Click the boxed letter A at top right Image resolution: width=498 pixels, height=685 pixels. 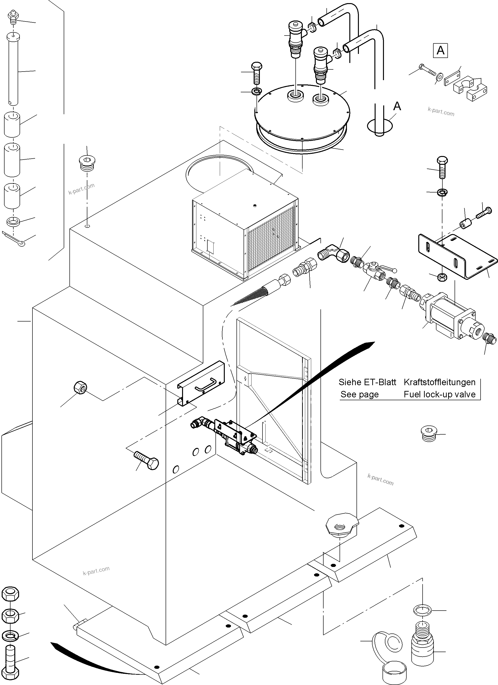click(440, 50)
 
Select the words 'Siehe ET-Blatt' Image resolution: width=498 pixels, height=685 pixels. click(367, 382)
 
